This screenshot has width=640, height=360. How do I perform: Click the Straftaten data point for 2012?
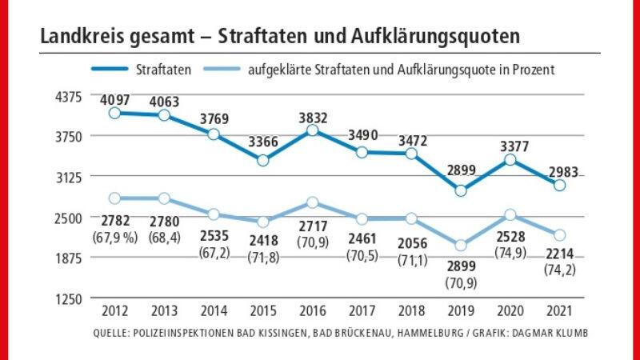[x=115, y=113]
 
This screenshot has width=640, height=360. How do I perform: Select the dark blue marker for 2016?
[x=313, y=130]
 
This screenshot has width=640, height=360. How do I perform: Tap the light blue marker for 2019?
[x=459, y=246]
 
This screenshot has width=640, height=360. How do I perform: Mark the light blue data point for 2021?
[x=558, y=235]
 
